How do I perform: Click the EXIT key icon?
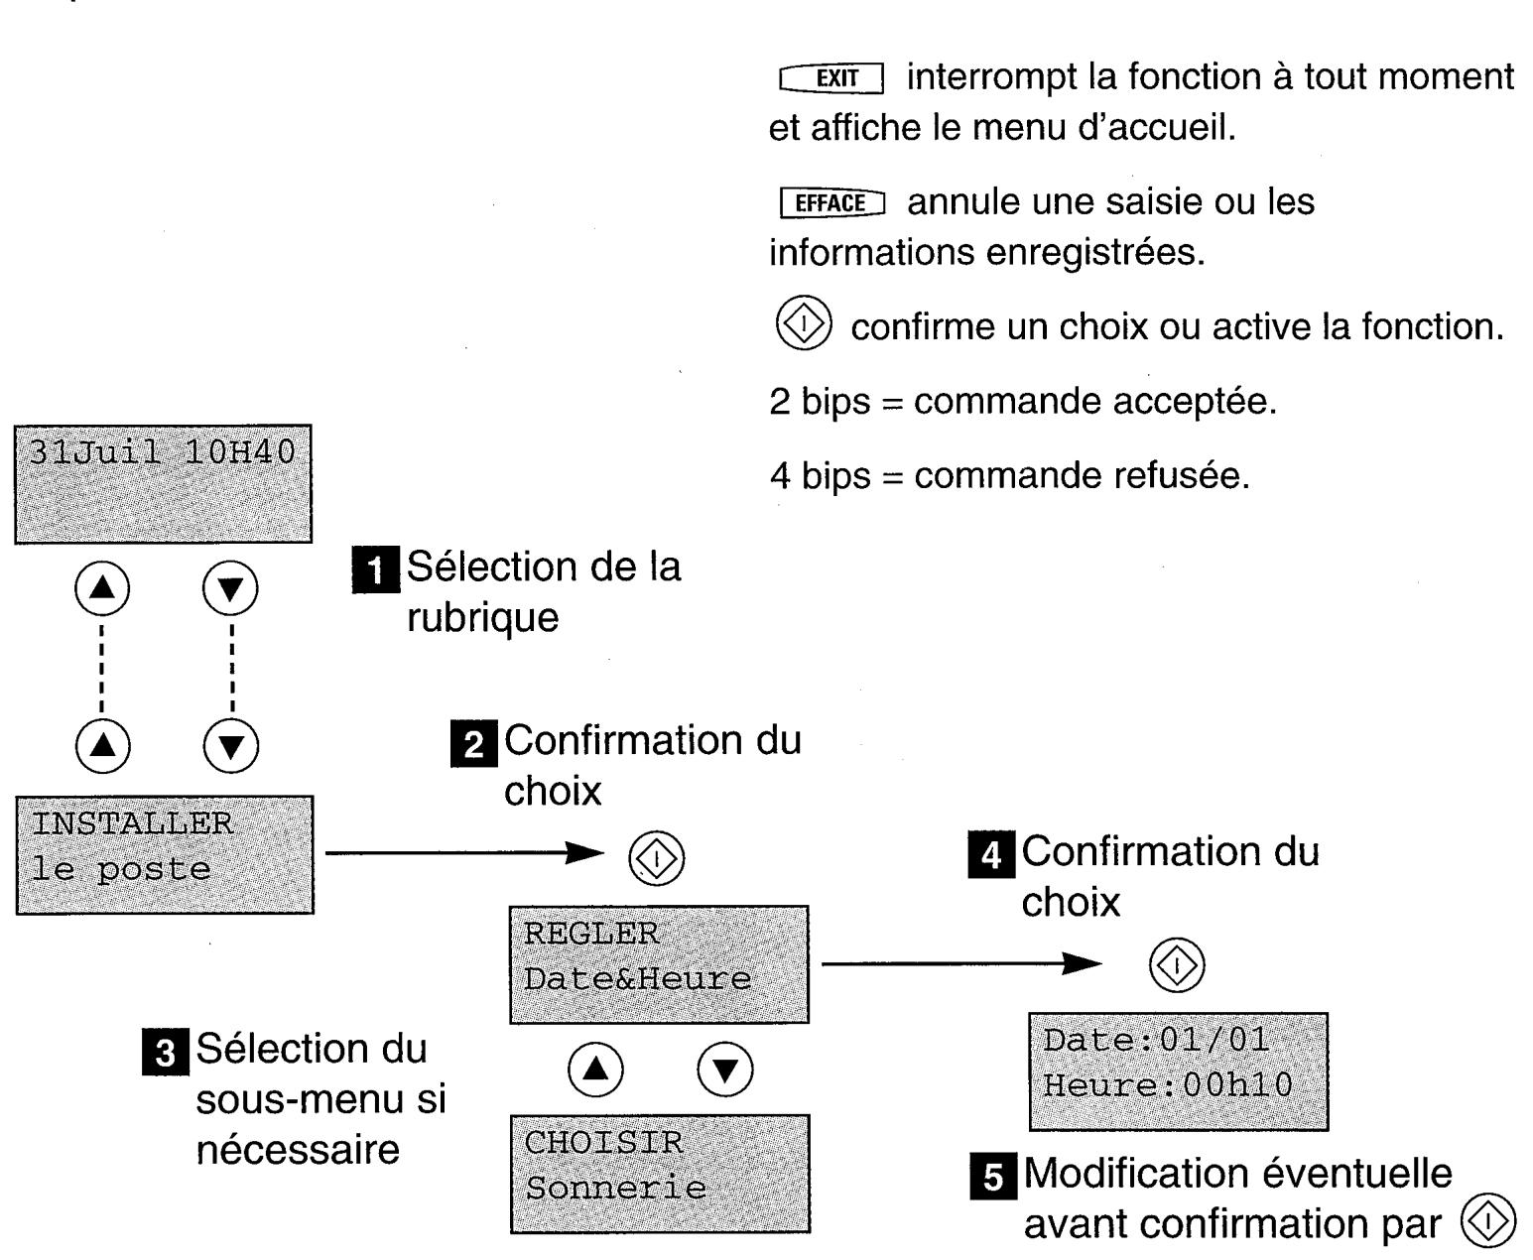point(831,78)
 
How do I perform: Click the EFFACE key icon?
point(831,203)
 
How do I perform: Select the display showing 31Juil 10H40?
point(163,483)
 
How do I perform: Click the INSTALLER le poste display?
point(165,854)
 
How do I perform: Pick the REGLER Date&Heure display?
point(659,963)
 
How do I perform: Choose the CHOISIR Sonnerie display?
point(660,1173)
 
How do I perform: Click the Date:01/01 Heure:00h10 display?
point(1178,1071)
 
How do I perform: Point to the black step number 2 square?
point(473,744)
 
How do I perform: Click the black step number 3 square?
point(166,1053)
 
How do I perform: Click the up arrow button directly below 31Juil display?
point(102,589)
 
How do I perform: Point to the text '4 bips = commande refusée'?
point(1009,476)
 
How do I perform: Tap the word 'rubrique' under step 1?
point(482,618)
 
